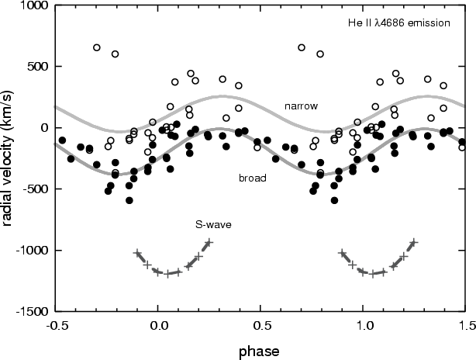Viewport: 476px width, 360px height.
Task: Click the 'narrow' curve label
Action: pyautogui.click(x=301, y=106)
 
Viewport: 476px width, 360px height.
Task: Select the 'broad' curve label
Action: pyautogui.click(x=253, y=178)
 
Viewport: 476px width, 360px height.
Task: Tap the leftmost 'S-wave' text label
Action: pyautogui.click(x=213, y=224)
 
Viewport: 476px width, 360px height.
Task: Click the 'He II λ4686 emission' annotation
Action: pyautogui.click(x=399, y=23)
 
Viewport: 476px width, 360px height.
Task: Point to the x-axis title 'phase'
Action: pyautogui.click(x=259, y=351)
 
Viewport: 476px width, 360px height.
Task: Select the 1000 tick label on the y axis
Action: pyautogui.click(x=33, y=5)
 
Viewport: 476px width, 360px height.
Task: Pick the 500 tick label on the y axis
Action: pyautogui.click(x=38, y=67)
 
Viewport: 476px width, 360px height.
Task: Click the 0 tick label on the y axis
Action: pyautogui.click(x=45, y=127)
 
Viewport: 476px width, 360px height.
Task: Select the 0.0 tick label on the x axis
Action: pyautogui.click(x=159, y=325)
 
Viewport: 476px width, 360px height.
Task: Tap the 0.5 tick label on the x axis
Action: pyautogui.click(x=261, y=325)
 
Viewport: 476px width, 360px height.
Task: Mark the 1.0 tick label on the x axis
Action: pyautogui.click(x=364, y=325)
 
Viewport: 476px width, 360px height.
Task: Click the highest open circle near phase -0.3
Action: pyautogui.click(x=97, y=47)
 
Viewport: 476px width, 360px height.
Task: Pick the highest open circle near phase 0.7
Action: pyautogui.click(x=302, y=47)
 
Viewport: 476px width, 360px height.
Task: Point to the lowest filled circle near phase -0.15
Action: pyautogui.click(x=129, y=200)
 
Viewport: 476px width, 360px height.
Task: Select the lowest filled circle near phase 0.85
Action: pyautogui.click(x=334, y=200)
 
